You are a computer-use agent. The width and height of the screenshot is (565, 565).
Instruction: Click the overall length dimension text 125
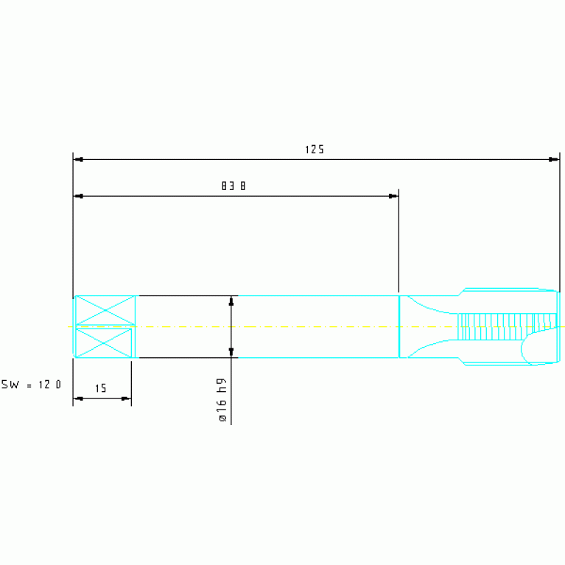click(315, 150)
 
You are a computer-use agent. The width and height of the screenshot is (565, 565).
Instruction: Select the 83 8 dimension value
click(234, 186)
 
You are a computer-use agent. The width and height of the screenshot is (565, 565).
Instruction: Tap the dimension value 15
click(100, 388)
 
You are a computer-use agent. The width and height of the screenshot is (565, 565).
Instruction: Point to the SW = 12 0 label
click(32, 385)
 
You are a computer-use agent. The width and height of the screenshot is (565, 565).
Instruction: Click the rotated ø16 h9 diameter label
click(222, 399)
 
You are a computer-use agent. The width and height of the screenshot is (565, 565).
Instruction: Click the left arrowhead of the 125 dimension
click(79, 159)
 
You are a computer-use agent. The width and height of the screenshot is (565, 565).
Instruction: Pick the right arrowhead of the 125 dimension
click(554, 159)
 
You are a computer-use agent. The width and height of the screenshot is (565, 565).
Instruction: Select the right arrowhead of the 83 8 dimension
click(393, 196)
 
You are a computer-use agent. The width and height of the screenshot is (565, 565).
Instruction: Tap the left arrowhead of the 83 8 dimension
click(79, 196)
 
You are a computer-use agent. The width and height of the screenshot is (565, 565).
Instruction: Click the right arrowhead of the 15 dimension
click(126, 399)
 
